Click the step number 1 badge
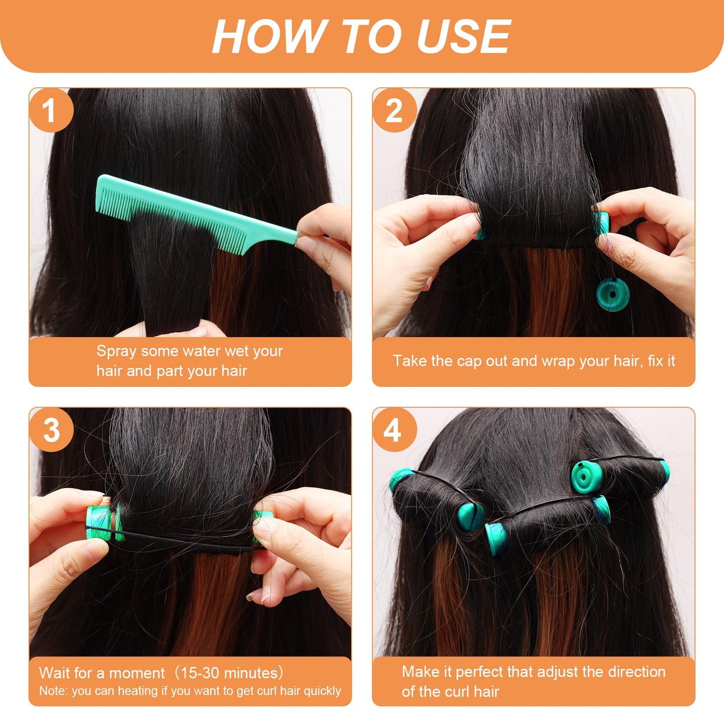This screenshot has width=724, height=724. [50, 110]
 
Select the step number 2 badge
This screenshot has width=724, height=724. [394, 110]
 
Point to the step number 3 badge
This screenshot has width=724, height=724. [51, 430]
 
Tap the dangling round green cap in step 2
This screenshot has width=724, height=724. [610, 294]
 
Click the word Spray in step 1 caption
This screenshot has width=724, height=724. [116, 351]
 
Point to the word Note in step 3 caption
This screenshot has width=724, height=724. [52, 691]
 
